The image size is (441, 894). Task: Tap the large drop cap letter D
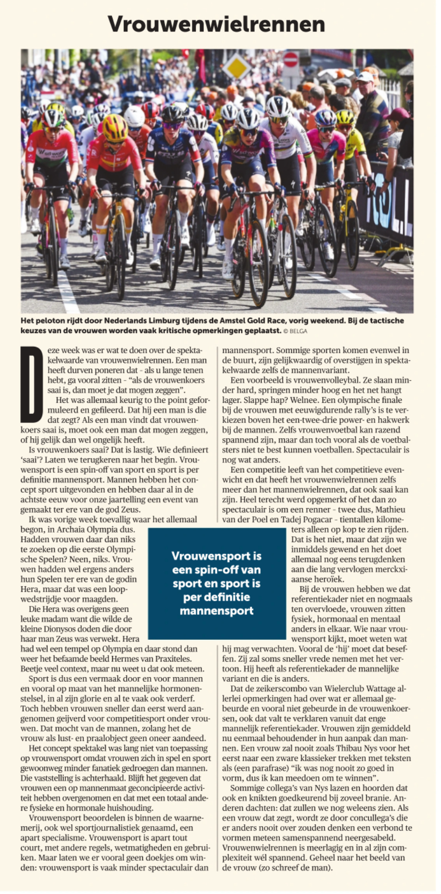coord(31,384)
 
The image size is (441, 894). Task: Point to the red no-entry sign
coord(290,60)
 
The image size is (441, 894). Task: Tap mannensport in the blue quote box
coord(216,610)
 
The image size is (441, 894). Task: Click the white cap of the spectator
coord(365,77)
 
